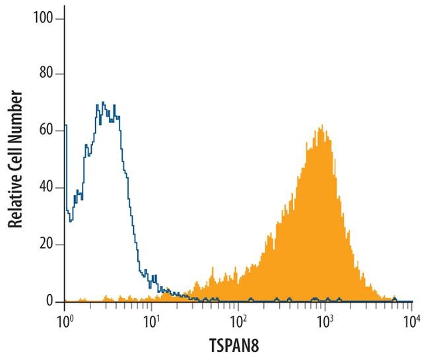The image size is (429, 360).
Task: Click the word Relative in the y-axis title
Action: point(16,202)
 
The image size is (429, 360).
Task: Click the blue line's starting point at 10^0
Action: point(65,125)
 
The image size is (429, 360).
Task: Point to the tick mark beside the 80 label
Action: point(60,74)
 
